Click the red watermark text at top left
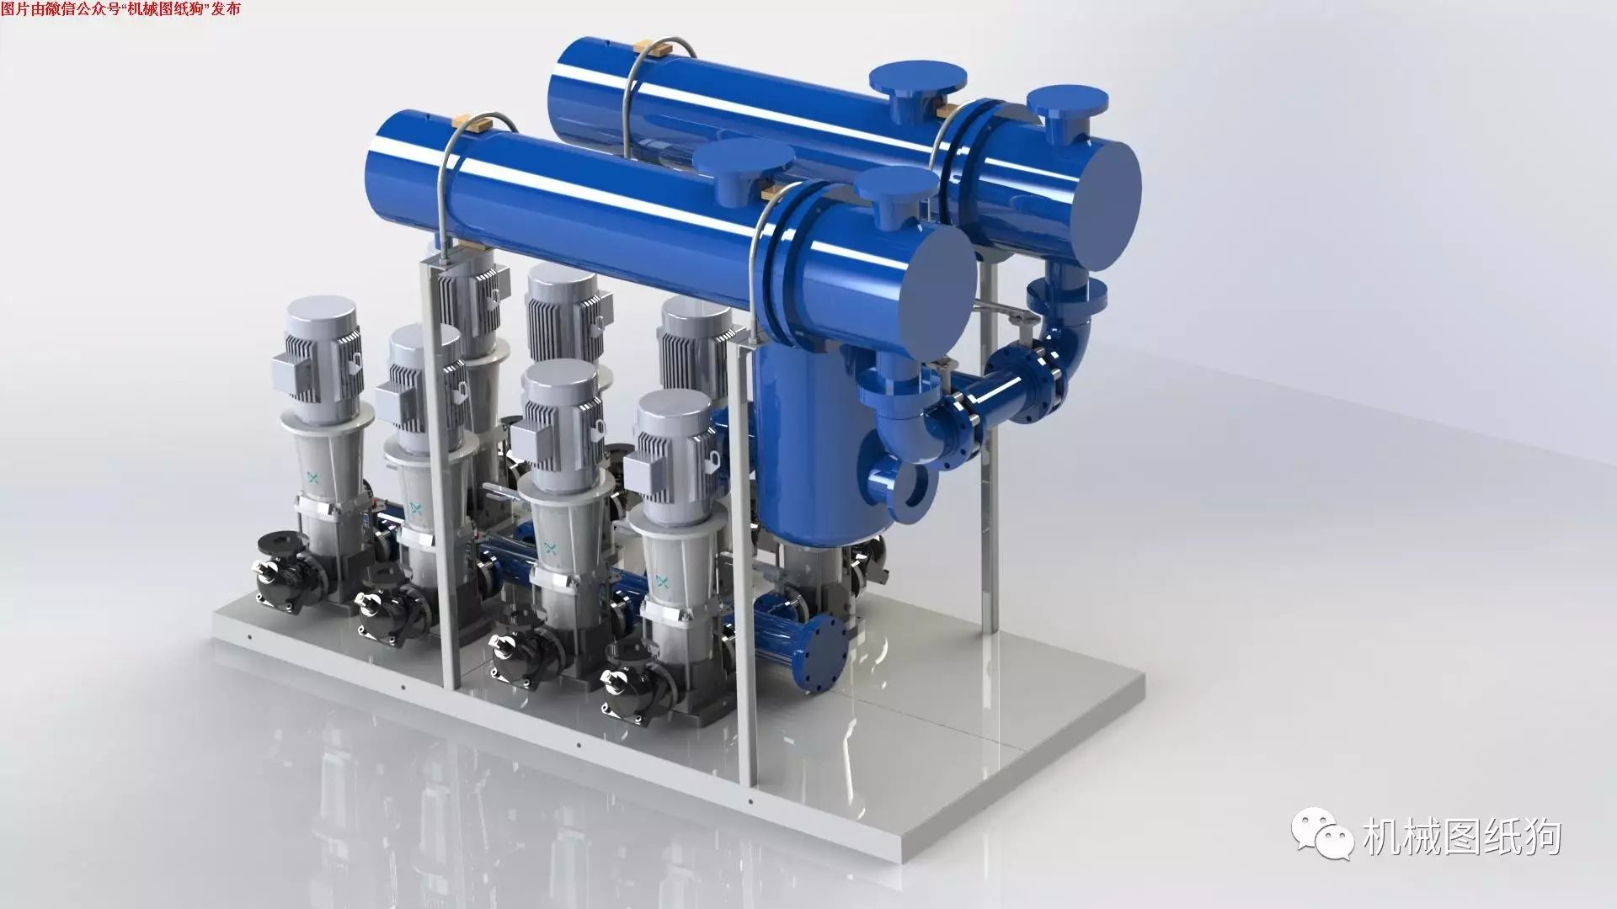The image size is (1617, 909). pyautogui.click(x=120, y=9)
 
